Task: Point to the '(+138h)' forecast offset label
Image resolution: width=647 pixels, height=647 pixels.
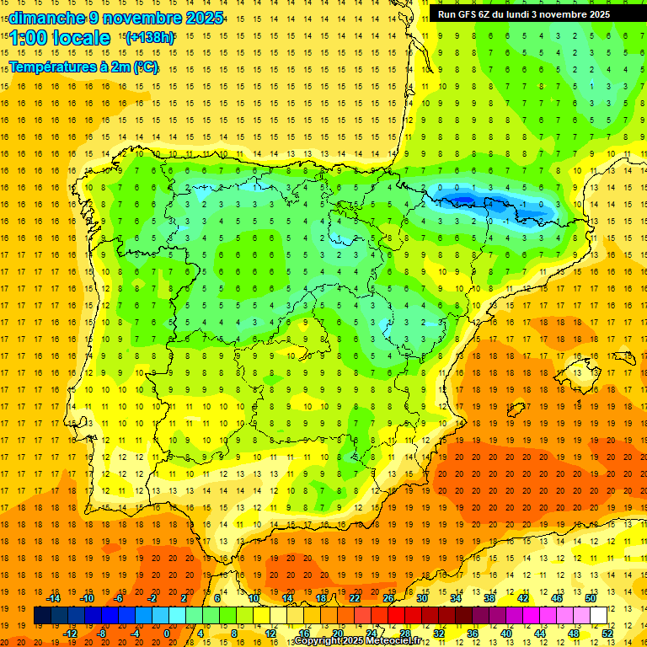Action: coord(150,37)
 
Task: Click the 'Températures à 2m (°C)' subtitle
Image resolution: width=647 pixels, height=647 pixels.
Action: coord(83,67)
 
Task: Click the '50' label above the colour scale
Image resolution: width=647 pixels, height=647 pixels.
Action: coord(590,598)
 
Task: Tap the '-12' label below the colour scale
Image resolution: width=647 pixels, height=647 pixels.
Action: coord(71,634)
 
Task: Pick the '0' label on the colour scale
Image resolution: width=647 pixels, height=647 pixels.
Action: coord(167,634)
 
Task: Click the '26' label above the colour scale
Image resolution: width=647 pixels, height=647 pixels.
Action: coord(388,598)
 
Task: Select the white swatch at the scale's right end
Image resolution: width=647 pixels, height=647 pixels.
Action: coord(598,616)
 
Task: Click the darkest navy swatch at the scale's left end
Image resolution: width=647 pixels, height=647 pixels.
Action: coord(42,616)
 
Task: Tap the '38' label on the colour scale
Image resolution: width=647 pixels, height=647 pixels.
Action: coord(489,598)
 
